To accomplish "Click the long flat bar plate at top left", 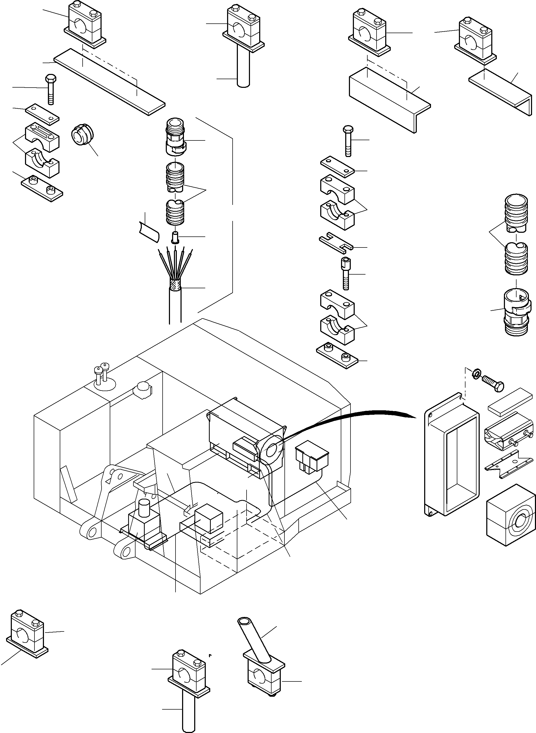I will (x=110, y=82).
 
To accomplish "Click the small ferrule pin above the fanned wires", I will (x=175, y=237).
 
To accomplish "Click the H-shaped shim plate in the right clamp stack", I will (x=336, y=242).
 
